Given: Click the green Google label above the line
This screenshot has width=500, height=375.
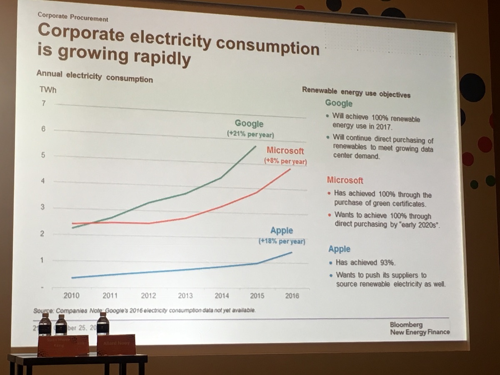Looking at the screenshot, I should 249,124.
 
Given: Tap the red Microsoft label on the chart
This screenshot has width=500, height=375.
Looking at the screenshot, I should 285,150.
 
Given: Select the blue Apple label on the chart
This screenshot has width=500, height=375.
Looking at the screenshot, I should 282,230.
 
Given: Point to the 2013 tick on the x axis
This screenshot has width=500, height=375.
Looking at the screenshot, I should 185,295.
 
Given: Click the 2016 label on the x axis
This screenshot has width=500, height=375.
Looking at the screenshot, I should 292,296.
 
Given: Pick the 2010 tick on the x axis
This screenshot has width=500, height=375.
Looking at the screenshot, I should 71,295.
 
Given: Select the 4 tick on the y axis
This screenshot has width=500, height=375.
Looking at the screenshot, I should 42,181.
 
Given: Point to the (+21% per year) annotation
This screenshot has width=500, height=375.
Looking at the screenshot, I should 250,134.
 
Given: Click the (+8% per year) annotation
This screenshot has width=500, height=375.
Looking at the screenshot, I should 285,161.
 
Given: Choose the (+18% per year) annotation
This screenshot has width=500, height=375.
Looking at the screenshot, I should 282,241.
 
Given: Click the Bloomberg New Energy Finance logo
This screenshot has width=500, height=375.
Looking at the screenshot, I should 420,328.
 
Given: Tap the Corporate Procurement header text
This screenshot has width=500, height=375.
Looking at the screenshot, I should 72,18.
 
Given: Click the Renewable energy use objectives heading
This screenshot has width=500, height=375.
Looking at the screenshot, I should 356,92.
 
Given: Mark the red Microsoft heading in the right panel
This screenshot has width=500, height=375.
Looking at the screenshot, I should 345,180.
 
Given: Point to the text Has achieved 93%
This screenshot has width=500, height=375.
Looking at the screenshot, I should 365,263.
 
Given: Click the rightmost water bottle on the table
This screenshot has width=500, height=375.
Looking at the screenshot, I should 102,324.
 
